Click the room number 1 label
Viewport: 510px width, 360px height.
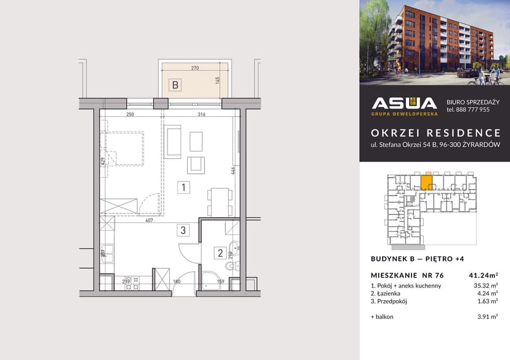pos(182,186)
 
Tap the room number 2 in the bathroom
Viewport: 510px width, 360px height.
pos(219,252)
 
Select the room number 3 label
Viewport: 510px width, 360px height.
pos(182,231)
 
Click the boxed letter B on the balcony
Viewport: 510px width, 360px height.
pos(175,86)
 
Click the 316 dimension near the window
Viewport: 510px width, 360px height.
pos(201,114)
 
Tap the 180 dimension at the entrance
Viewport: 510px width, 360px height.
pos(177,282)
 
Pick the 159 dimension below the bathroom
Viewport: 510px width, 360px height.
pos(221,282)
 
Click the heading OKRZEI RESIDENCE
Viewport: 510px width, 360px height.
pos(435,132)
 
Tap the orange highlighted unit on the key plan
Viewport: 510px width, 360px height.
pos(426,183)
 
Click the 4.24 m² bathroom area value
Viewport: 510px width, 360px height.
pos(488,294)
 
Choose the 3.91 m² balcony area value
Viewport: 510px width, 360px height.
pos(488,317)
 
